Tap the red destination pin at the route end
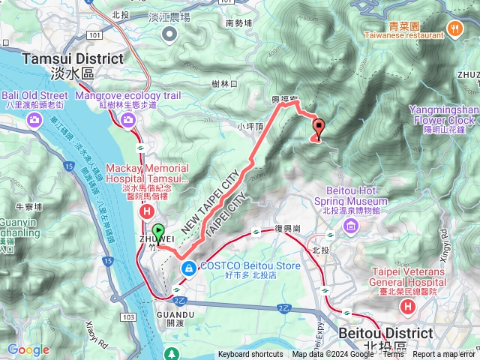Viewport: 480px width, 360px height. (319, 128)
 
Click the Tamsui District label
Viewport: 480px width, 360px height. (73, 59)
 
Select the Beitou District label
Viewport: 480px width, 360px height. (385, 332)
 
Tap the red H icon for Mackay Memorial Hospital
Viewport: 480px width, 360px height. (147, 213)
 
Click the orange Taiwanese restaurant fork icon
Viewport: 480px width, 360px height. (454, 28)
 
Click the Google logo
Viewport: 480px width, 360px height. (28, 349)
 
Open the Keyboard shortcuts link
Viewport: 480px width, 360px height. (250, 355)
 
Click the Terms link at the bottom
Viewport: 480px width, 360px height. (393, 355)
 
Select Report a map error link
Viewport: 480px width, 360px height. (445, 355)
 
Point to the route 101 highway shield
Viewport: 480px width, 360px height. (93, 34)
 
